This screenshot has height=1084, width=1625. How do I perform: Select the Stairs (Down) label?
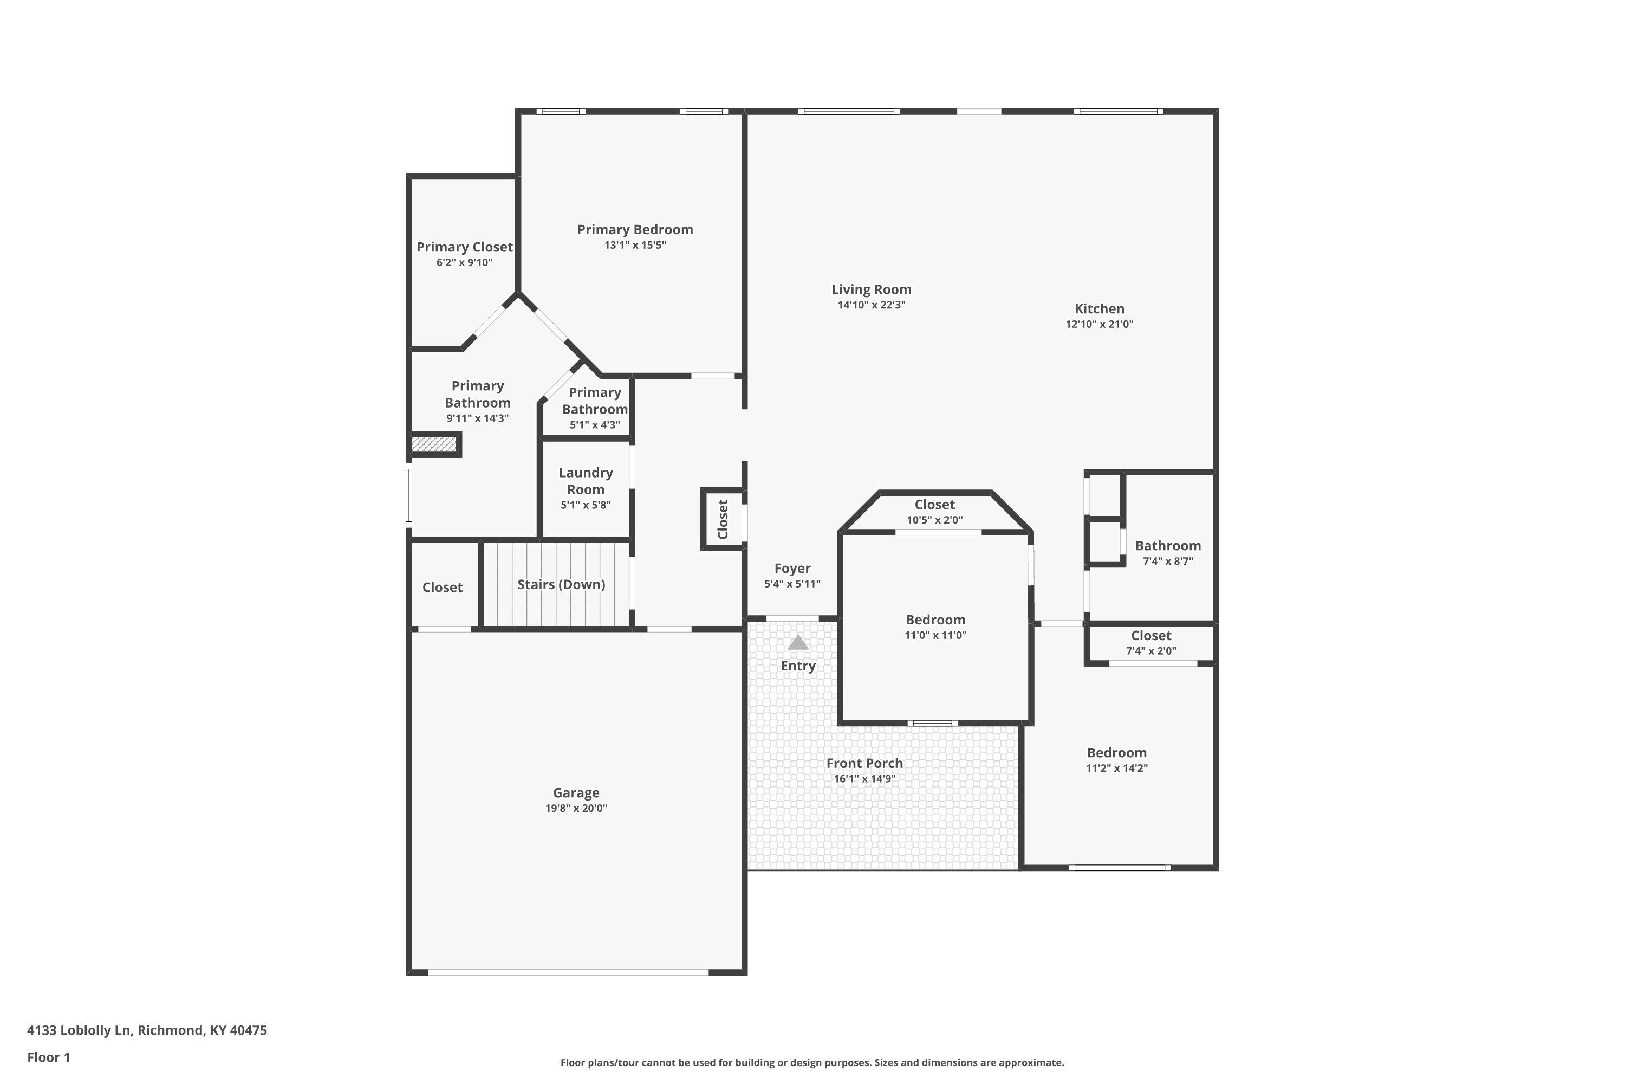point(561,585)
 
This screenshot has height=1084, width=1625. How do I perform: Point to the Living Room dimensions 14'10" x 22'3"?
point(871,305)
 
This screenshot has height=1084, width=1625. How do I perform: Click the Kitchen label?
point(1098,309)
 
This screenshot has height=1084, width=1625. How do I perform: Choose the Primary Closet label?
point(464,247)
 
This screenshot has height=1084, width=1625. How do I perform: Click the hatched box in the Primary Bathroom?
point(434,444)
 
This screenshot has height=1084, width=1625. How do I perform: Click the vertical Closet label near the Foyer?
point(723,519)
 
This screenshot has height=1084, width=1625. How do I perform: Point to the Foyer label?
point(792,568)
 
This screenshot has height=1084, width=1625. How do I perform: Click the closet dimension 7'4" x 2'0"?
point(1151,650)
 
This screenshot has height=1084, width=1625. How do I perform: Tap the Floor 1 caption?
point(48,1057)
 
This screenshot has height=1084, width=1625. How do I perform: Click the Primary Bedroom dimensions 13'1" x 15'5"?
point(635,245)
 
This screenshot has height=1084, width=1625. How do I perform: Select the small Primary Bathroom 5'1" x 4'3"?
point(594,408)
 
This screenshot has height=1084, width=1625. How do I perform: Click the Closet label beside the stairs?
point(442,587)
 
